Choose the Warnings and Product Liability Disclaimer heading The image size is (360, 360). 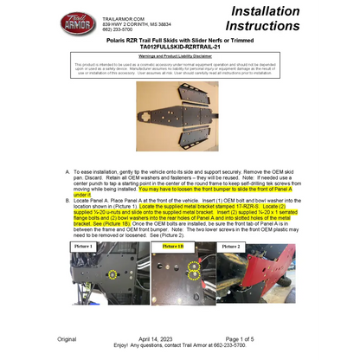181,56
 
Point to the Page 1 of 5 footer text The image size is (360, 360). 246,338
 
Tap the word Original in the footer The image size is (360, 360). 67,338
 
